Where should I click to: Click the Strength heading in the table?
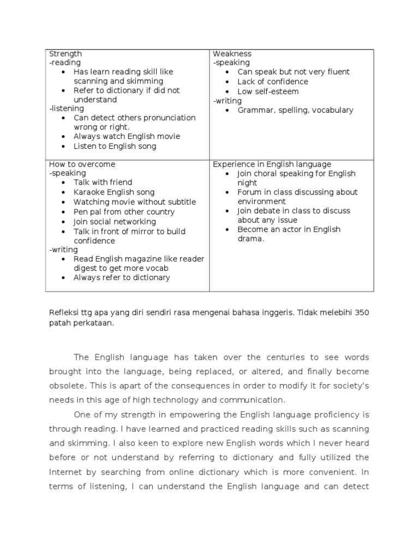pyautogui.click(x=65, y=54)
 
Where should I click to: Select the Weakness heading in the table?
pyautogui.click(x=232, y=54)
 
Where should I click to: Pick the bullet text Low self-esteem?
pyautogui.click(x=268, y=92)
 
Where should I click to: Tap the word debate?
pyautogui.click(x=268, y=211)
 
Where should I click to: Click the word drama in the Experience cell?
pyautogui.click(x=249, y=239)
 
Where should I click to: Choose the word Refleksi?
pyautogui.click(x=63, y=313)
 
